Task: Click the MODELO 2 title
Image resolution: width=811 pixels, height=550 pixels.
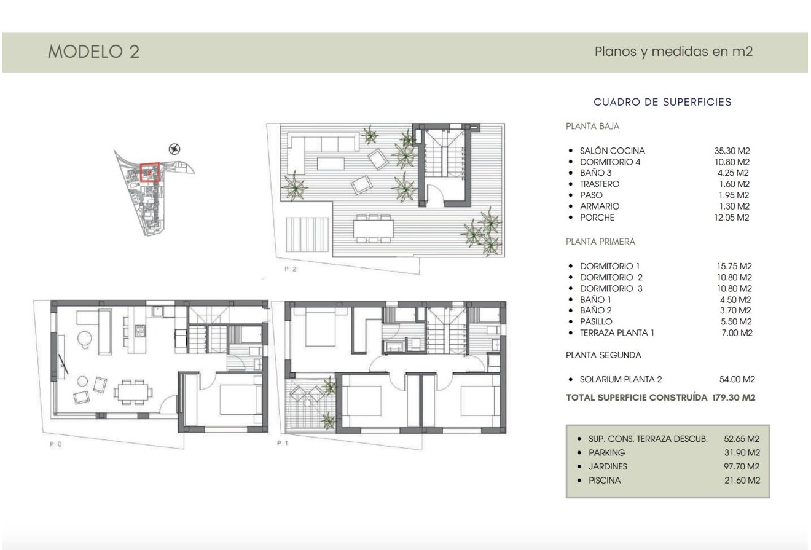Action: point(93,52)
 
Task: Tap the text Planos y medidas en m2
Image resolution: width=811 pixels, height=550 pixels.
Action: point(673,52)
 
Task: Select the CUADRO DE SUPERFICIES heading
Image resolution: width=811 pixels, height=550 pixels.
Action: point(662,102)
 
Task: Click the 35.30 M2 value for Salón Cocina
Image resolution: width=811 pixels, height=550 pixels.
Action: point(732,151)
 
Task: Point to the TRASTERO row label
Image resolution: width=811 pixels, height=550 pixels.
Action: point(600,184)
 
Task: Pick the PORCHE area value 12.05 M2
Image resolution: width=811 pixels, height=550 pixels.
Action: point(732,218)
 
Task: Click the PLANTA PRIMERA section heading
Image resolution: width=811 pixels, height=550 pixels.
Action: point(600,242)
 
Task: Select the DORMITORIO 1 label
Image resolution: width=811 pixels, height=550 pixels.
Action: point(609,266)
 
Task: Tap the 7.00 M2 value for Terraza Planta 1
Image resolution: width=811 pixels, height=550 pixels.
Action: point(735,333)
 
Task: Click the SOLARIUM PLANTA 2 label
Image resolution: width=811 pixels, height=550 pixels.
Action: point(621,380)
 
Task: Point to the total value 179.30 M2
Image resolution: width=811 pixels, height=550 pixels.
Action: point(734,398)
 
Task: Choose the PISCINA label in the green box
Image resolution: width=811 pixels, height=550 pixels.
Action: point(605,481)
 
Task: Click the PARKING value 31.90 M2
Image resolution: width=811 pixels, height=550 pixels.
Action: point(742,453)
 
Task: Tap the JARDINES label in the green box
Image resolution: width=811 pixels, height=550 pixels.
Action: point(608,466)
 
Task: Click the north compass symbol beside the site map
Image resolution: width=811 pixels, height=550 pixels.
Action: point(174,149)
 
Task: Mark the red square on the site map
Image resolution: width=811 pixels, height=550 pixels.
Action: point(150,172)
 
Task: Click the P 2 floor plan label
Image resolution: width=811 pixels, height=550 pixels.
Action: point(290,269)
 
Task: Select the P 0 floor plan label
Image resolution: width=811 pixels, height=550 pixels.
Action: point(55,444)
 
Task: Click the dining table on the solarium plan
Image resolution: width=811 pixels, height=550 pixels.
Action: point(373,229)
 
